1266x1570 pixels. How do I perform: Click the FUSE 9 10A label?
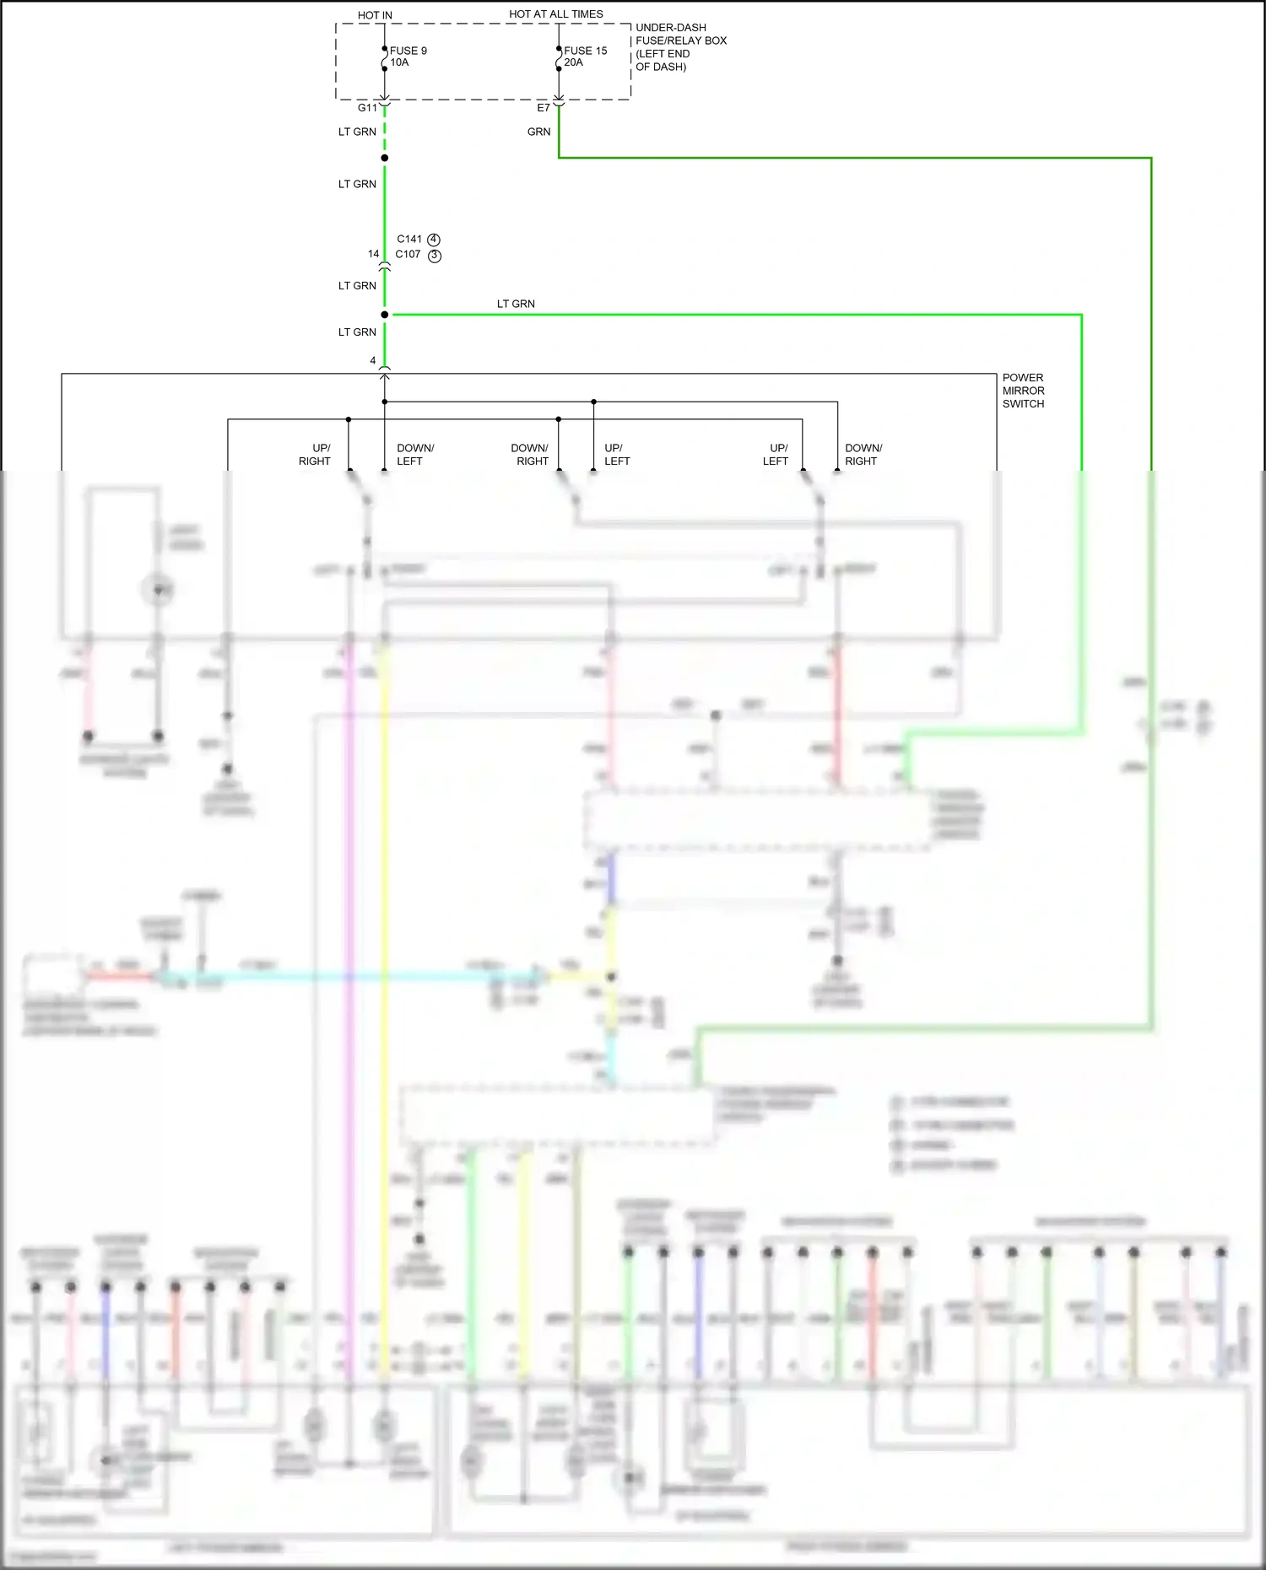click(408, 57)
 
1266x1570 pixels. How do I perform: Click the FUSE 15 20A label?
click(585, 57)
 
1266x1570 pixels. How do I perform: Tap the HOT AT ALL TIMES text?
click(555, 14)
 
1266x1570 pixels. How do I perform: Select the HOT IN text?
click(375, 15)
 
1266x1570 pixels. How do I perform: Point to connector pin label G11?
click(367, 108)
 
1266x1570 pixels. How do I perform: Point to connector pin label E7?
click(544, 108)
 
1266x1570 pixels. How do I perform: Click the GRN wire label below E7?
click(538, 132)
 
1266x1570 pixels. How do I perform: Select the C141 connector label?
click(409, 239)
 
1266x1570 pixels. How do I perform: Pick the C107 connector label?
click(408, 254)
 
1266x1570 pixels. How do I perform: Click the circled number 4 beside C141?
click(434, 240)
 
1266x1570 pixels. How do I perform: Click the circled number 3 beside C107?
click(435, 256)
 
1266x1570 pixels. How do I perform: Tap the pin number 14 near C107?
click(373, 254)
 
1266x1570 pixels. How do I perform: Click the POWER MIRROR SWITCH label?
click(1023, 391)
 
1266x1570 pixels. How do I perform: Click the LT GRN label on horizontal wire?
click(516, 304)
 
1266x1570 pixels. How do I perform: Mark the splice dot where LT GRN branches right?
click(385, 315)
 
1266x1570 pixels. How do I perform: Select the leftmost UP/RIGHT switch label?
click(315, 455)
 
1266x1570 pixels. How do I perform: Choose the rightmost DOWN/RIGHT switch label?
click(863, 455)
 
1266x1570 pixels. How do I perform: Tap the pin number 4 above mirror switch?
click(372, 360)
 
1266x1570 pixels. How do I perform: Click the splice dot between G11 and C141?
click(385, 158)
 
